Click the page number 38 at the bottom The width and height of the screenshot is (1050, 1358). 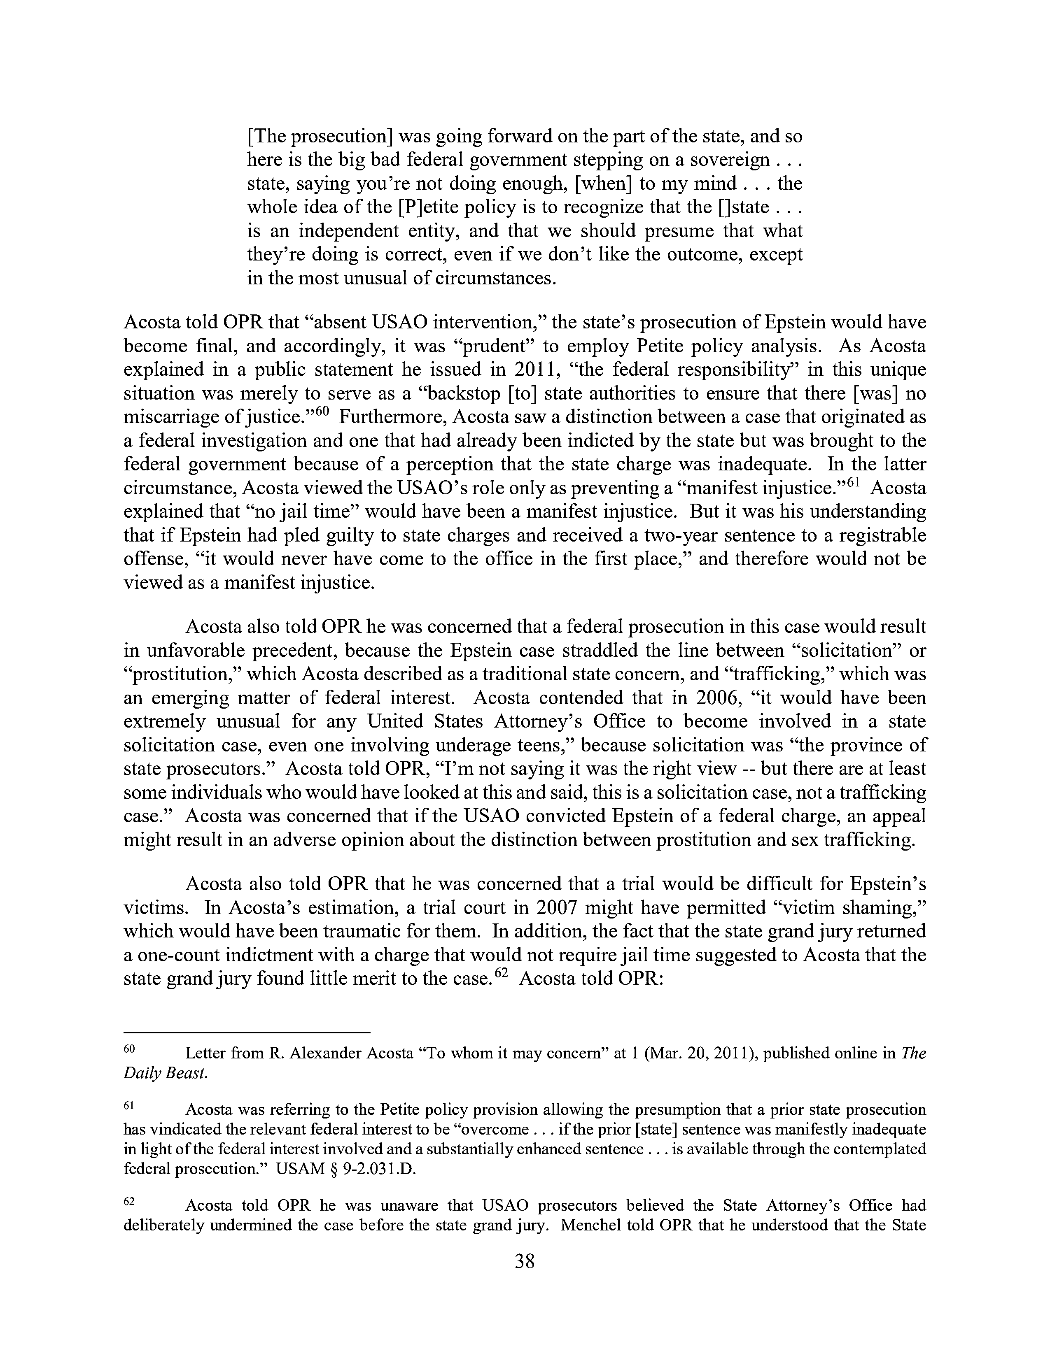point(524,1261)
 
